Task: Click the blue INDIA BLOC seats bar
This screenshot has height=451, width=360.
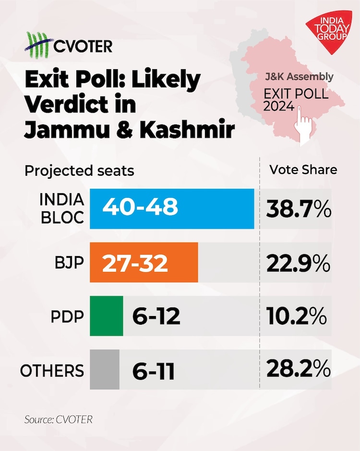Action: (x=172, y=208)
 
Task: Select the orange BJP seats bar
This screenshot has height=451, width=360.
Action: (x=144, y=262)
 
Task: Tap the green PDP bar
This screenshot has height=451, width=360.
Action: (x=107, y=316)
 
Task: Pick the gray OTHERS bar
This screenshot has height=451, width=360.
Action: (x=105, y=370)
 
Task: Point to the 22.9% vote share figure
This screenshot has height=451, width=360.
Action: (x=298, y=263)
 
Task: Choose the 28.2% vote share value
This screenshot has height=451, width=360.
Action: (x=298, y=370)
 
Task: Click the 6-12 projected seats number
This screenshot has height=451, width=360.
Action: (x=156, y=317)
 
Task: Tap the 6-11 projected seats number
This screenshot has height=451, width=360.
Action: (x=154, y=371)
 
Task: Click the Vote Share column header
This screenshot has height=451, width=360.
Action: (x=303, y=170)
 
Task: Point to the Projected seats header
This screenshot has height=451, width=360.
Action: (x=79, y=171)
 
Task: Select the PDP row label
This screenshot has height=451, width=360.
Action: (x=67, y=317)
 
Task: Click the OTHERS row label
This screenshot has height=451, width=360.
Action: (x=52, y=371)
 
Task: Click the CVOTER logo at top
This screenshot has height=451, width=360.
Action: (x=69, y=45)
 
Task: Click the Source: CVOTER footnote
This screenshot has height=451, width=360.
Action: (x=58, y=419)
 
